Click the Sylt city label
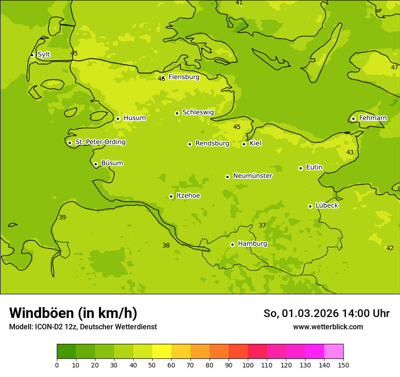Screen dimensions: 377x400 [44, 55]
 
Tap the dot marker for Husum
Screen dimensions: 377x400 [118, 119]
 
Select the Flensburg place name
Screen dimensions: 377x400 [184, 77]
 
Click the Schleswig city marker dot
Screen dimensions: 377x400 [177, 113]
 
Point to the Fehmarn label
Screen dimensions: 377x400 [373, 118]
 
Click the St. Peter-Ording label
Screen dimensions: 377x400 [100, 142]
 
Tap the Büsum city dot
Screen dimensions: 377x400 [95, 164]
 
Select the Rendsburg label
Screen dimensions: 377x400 [212, 144]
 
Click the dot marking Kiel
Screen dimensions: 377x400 [244, 144]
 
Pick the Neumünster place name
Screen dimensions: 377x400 [253, 176]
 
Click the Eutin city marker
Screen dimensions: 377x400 [300, 168]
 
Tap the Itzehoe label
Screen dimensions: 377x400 [188, 196]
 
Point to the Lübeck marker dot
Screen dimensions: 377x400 [310, 206]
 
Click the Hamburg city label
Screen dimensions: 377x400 [252, 244]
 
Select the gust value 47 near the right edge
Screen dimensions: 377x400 [395, 67]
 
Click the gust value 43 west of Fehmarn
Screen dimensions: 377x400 [350, 152]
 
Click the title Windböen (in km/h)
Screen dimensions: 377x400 [73, 313]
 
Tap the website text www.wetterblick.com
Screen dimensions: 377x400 [328, 327]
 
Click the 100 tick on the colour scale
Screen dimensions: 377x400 [248, 365]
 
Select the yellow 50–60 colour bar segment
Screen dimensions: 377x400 [162, 352]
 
